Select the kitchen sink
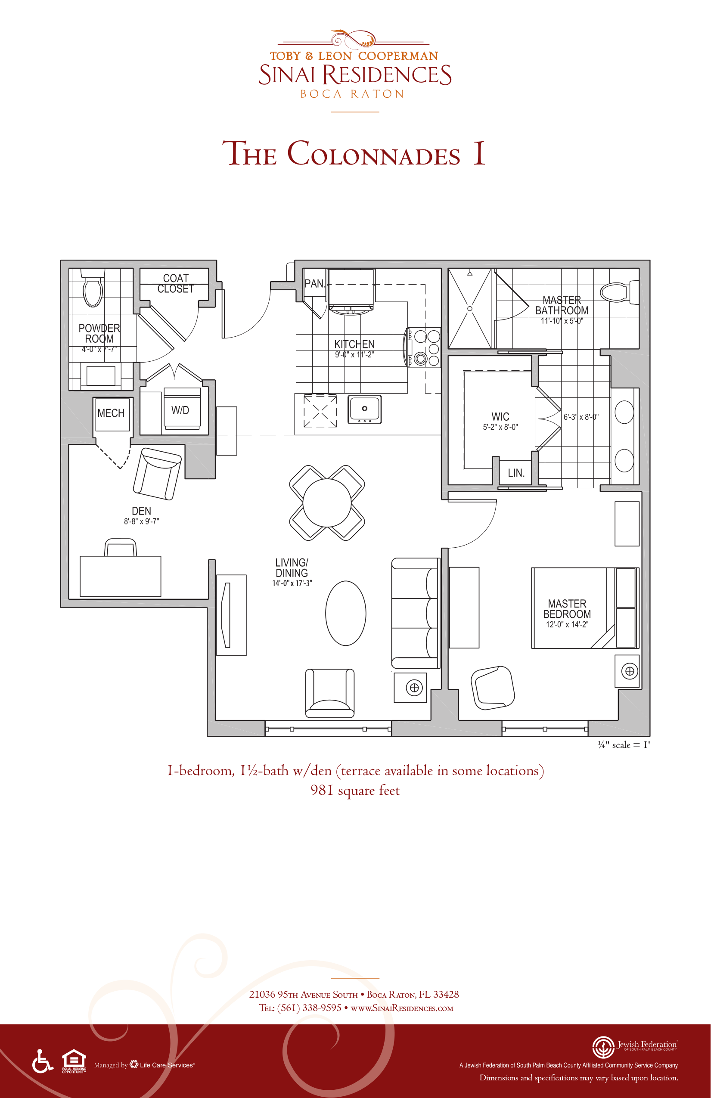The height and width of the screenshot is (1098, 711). [x=364, y=409]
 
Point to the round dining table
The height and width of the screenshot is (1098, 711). [x=327, y=502]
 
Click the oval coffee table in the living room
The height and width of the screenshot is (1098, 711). [x=345, y=613]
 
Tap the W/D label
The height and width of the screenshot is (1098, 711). [x=180, y=410]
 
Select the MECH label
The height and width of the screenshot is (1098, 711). [x=111, y=413]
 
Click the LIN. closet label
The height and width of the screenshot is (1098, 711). [x=516, y=473]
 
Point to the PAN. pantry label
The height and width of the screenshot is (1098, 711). [x=315, y=284]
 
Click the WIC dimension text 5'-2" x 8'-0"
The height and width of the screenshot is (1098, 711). [x=500, y=427]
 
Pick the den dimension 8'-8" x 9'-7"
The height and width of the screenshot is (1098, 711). [x=141, y=521]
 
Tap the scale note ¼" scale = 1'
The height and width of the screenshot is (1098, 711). [x=624, y=744]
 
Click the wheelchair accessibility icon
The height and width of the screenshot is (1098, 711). [x=43, y=1061]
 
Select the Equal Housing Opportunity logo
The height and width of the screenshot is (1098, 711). [x=74, y=1061]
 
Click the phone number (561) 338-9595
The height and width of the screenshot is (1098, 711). [x=309, y=1008]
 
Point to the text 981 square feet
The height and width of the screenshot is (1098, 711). [x=355, y=790]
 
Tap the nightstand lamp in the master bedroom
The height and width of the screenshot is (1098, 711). [x=629, y=671]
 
